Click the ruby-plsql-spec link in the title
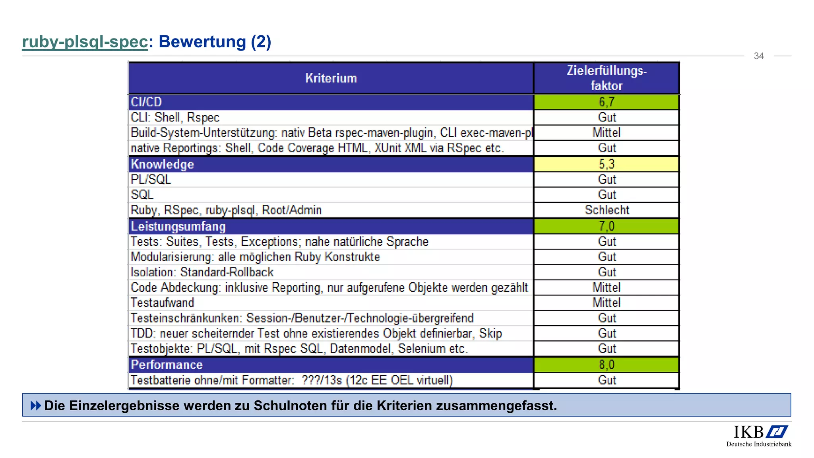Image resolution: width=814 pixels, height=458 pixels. click(85, 42)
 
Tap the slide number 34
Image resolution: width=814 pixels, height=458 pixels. click(758, 56)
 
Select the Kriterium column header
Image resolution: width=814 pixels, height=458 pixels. click(331, 78)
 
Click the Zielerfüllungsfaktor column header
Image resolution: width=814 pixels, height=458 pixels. click(606, 78)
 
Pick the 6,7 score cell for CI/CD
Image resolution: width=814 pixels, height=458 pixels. click(606, 102)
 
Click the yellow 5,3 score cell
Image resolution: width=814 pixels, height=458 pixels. click(606, 164)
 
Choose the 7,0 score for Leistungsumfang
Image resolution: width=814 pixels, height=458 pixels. click(606, 226)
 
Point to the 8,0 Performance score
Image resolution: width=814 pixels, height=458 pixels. click(606, 365)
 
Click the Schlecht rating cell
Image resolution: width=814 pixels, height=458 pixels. click(607, 210)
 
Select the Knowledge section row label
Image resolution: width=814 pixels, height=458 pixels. click(162, 164)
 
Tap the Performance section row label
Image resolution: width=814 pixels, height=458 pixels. click(167, 365)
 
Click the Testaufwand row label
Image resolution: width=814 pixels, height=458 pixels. click(162, 303)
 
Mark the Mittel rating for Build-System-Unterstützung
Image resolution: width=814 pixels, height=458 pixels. click(606, 133)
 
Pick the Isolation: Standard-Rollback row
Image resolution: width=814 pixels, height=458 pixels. click(202, 272)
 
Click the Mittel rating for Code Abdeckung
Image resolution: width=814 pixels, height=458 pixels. click(606, 287)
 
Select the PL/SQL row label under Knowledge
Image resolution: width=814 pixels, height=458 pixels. click(151, 180)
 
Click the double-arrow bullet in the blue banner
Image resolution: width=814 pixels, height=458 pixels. click(36, 406)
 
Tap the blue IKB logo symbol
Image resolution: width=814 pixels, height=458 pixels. click(777, 432)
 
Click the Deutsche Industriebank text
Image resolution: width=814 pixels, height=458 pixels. click(758, 444)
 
